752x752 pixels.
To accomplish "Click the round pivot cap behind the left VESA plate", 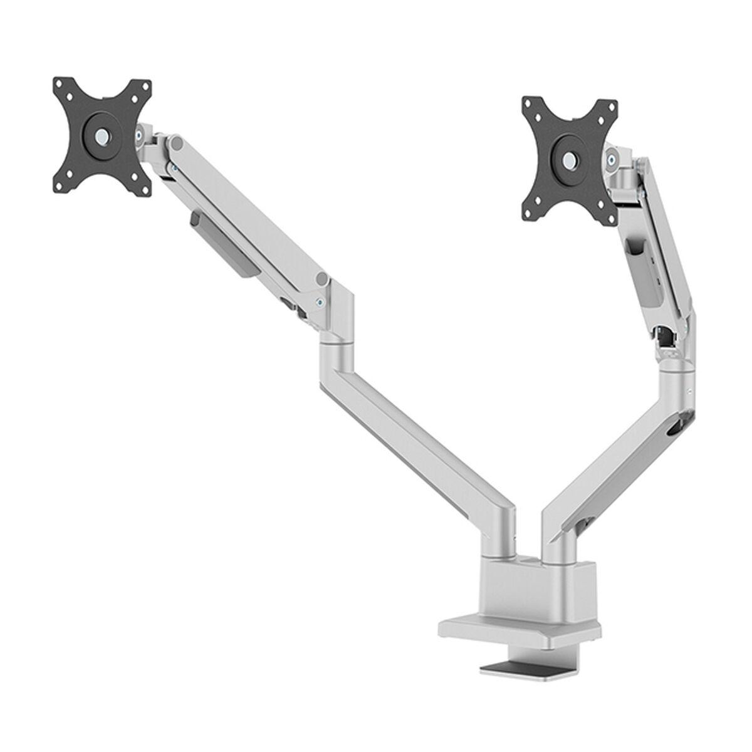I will pyautogui.click(x=177, y=145).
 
